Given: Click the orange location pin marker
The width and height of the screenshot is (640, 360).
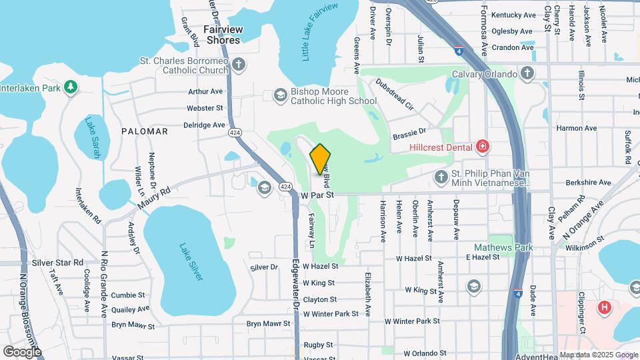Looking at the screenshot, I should pyautogui.click(x=321, y=159).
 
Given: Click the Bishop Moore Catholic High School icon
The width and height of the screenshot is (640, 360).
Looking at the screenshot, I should pyautogui.click(x=281, y=96).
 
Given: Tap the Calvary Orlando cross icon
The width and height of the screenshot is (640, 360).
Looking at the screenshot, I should pyautogui.click(x=527, y=74).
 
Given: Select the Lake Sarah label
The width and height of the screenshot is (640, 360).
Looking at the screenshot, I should pyautogui.click(x=93, y=138).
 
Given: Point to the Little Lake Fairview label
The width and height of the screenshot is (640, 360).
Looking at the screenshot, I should pyautogui.click(x=320, y=33).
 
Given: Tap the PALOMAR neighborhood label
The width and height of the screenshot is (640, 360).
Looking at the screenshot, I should pyautogui.click(x=145, y=131).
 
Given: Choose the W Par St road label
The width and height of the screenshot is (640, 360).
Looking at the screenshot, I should pyautogui.click(x=317, y=195).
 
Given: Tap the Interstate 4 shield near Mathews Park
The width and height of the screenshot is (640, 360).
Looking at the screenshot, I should pyautogui.click(x=518, y=293).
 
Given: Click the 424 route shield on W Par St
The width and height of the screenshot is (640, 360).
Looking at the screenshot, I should pyautogui.click(x=285, y=185).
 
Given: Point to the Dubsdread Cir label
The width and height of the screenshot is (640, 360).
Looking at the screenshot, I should pyautogui.click(x=395, y=95).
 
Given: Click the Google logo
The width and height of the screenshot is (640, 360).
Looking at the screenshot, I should pyautogui.click(x=22, y=351).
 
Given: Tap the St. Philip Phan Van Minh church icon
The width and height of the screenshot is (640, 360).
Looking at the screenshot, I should pyautogui.click(x=440, y=177).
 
